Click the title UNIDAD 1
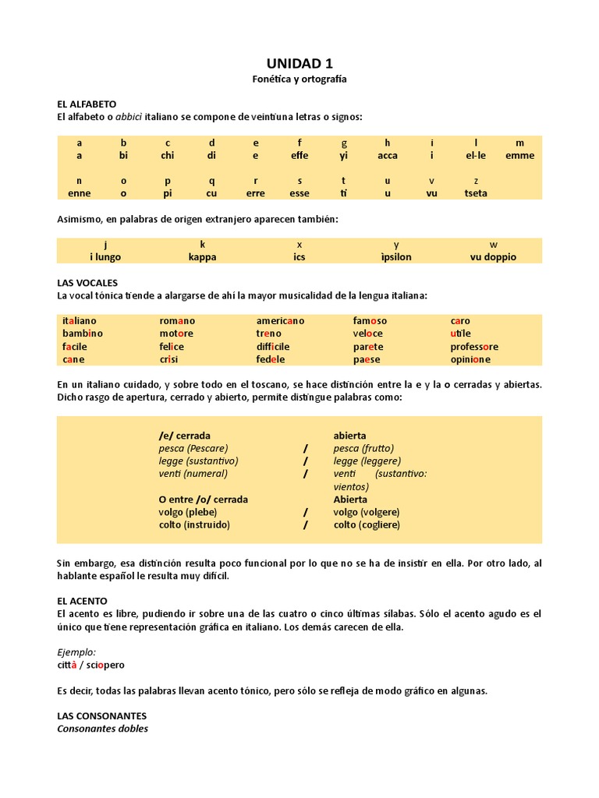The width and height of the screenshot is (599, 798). pos(299,64)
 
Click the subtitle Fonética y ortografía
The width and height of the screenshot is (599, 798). pos(299,79)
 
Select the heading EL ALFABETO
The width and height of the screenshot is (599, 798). pos(87,104)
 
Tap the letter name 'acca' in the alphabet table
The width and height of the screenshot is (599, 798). pos(388,155)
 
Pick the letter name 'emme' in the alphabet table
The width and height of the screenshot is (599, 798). pos(520,155)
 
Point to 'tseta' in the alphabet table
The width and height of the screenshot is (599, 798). pos(476,193)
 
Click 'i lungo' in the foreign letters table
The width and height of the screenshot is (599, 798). pos(105,256)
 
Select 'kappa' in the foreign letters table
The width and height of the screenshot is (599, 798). pos(203,256)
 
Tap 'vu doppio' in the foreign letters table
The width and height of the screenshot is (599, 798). pos(493,256)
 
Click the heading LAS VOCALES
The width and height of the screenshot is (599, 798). pos(87,282)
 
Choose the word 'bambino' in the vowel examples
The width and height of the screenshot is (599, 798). pos(83,334)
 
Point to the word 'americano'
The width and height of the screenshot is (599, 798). pos(280,320)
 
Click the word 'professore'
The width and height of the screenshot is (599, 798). pos(474,346)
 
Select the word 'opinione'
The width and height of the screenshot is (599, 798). pos(470,359)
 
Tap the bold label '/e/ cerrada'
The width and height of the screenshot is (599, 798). pos(184,436)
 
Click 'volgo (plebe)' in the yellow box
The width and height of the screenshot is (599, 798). pos(187,512)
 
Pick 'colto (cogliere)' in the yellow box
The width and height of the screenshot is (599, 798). pos(367,524)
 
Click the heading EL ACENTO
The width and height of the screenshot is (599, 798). pos(82,602)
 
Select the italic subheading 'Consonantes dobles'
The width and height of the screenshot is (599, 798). pos(102,729)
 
